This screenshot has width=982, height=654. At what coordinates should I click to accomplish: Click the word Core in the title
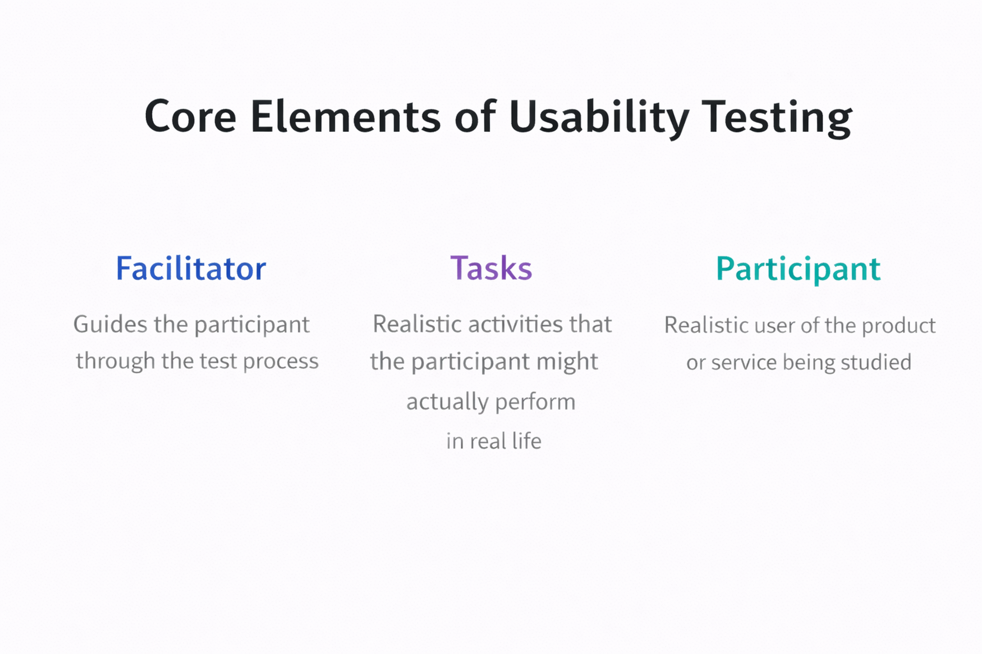pos(190,117)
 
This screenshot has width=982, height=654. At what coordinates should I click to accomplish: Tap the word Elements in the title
pos(345,117)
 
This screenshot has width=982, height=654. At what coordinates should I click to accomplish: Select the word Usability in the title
pos(599,117)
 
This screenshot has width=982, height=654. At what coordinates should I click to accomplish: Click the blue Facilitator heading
pos(191,268)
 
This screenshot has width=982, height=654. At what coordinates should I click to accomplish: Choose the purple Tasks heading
pos(491,268)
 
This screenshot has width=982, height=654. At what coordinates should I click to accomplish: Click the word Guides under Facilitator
pos(110,324)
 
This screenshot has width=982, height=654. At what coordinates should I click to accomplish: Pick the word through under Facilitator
pos(115,361)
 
